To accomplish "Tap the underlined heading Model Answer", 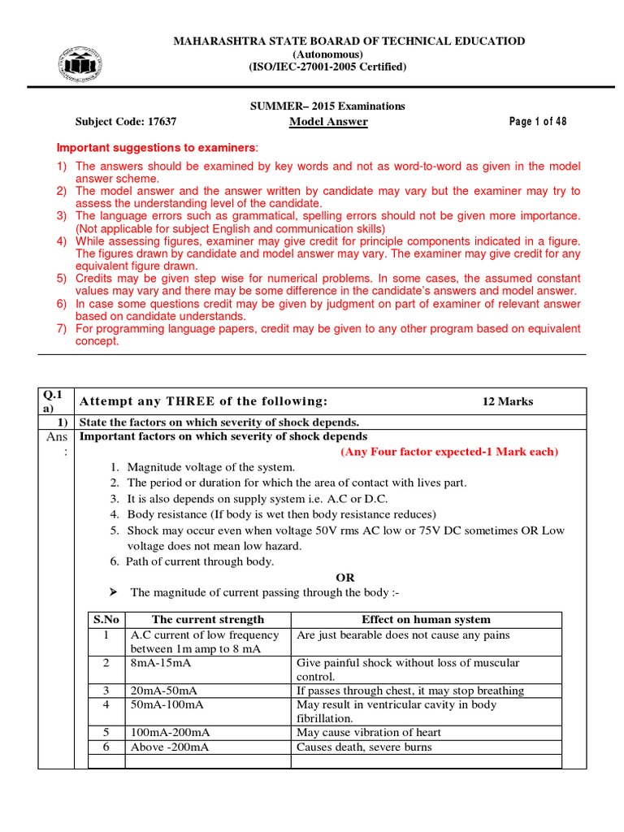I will tap(328, 122).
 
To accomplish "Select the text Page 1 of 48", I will tap(538, 122).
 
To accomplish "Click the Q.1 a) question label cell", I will tap(55, 401).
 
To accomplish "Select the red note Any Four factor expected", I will tap(449, 452).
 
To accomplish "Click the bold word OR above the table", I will tap(345, 578).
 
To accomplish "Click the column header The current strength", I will tap(208, 619).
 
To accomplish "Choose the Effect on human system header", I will tap(426, 619).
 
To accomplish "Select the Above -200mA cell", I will tap(169, 747).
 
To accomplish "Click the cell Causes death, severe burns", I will tap(364, 747).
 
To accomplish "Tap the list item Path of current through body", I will tap(201, 561).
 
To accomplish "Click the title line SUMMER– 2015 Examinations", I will tap(326, 106).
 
